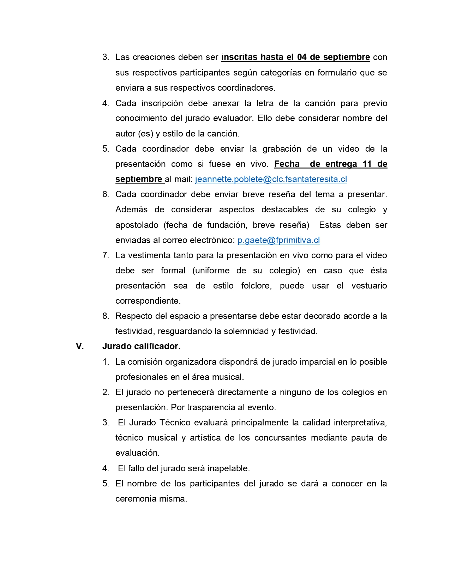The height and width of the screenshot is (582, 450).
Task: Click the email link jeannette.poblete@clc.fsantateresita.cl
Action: click(x=271, y=179)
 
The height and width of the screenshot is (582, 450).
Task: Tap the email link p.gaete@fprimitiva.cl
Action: click(x=278, y=240)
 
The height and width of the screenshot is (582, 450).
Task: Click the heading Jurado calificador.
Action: click(x=141, y=346)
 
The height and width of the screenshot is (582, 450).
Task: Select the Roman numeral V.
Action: click(x=80, y=346)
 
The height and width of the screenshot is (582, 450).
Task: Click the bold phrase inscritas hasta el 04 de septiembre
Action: click(x=295, y=57)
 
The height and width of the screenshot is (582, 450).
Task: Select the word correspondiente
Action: click(x=148, y=301)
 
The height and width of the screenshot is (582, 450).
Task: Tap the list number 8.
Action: click(x=106, y=316)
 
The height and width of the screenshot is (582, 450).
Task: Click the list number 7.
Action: click(x=106, y=255)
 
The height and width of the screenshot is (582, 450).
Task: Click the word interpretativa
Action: click(x=360, y=423)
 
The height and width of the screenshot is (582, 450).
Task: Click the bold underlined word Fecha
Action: click(x=287, y=164)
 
